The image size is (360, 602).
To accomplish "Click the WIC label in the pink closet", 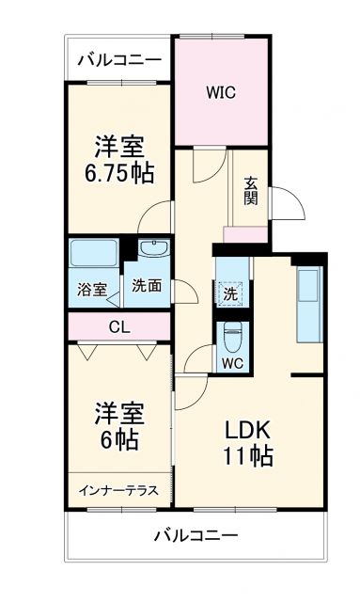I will [x=221, y=93].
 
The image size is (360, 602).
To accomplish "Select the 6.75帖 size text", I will [x=118, y=173].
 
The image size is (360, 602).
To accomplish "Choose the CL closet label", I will [x=118, y=327].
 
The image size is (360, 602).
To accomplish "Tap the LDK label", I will [x=247, y=430].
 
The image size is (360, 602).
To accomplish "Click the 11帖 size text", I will [x=248, y=457].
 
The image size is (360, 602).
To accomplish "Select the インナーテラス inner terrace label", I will [x=117, y=490].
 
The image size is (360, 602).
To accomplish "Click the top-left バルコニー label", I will [x=118, y=59].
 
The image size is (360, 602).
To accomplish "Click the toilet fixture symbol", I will [x=230, y=334].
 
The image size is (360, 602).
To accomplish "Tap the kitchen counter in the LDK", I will [x=308, y=306].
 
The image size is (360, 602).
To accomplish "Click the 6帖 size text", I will [x=119, y=440].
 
